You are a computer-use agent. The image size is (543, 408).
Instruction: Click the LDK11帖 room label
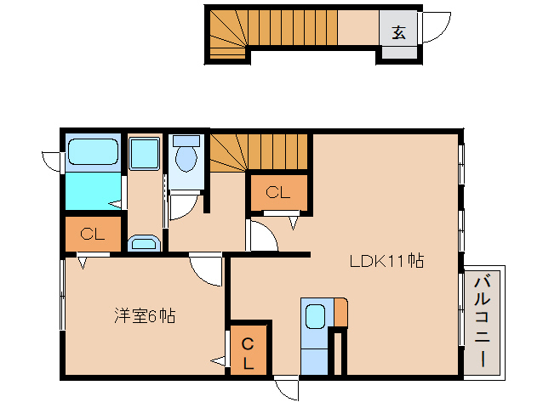(x=386, y=261)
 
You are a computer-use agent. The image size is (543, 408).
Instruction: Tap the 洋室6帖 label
(x=146, y=316)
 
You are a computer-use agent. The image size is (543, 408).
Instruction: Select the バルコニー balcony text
(x=483, y=320)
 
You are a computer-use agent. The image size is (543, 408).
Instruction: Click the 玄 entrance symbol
(x=398, y=33)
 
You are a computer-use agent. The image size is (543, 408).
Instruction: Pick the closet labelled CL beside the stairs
(x=278, y=193)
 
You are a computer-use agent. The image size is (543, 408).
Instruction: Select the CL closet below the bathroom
(x=93, y=235)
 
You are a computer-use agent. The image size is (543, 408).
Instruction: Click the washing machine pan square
(x=144, y=154)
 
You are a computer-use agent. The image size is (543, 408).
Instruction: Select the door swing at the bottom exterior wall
(x=288, y=389)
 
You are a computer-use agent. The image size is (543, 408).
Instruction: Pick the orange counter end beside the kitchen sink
(x=340, y=312)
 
